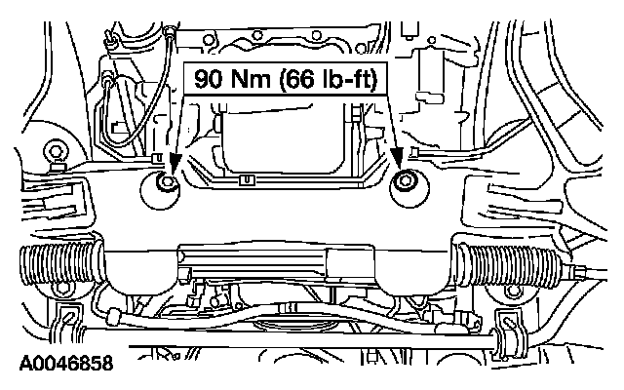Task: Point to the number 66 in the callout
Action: pyautogui.click(x=293, y=79)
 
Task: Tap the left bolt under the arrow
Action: pyautogui.click(x=165, y=182)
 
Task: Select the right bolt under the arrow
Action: pyautogui.click(x=405, y=182)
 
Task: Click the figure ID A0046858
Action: pyautogui.click(x=66, y=364)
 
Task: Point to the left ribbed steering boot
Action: pyautogui.click(x=59, y=264)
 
